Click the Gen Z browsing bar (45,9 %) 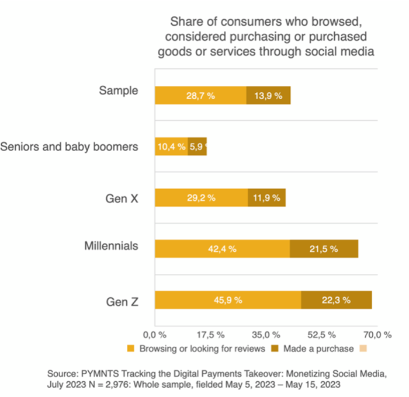[x=228, y=300]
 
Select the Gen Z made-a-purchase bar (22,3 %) [x=337, y=300]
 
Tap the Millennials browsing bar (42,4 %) [x=222, y=249]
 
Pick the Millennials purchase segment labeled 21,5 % [x=324, y=249]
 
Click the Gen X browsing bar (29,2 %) [x=201, y=197]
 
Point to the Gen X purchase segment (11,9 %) [x=266, y=197]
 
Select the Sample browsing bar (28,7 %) [x=200, y=95]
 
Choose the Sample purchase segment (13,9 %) [x=268, y=95]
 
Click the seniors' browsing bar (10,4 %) [x=171, y=147]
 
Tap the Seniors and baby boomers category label [x=70, y=146]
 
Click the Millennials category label [x=111, y=246]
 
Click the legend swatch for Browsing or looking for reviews [x=131, y=349]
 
